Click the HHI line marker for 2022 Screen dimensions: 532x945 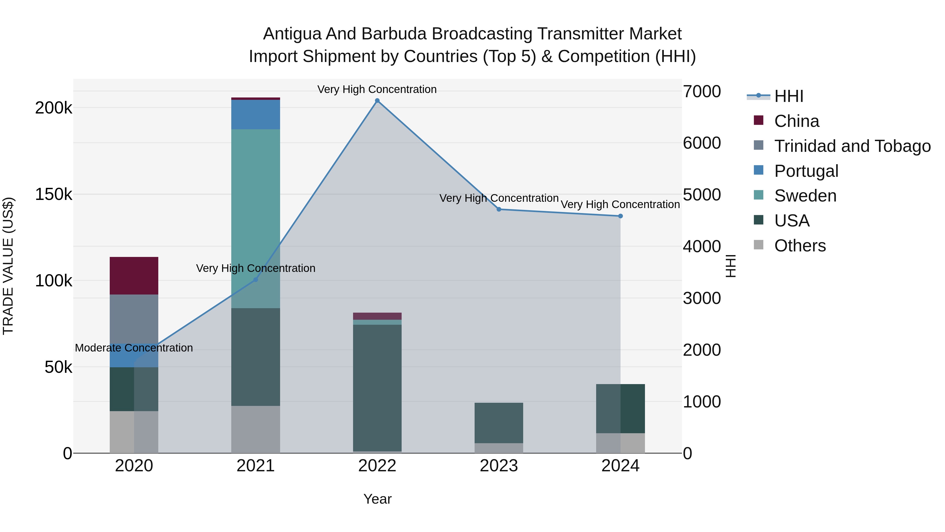(x=377, y=101)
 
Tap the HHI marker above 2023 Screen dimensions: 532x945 (x=498, y=209)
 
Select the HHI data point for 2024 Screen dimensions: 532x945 (x=620, y=216)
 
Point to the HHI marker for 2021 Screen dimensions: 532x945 (x=256, y=280)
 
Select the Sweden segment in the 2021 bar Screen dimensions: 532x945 (x=256, y=219)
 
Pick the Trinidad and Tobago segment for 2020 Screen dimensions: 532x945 (x=134, y=319)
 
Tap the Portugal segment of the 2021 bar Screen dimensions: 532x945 (x=256, y=114)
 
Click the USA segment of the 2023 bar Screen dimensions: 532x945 (x=498, y=423)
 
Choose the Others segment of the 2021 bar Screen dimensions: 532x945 (x=256, y=429)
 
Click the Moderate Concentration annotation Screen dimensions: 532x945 (x=134, y=348)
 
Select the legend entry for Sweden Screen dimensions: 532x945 (x=805, y=196)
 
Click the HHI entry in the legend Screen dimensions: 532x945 (x=789, y=96)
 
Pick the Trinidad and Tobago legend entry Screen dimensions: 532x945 (x=852, y=146)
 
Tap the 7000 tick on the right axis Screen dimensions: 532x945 (x=701, y=91)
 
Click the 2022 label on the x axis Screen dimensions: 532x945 (x=377, y=466)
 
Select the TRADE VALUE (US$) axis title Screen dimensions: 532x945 (x=8, y=266)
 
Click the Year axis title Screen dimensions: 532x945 (x=377, y=499)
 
